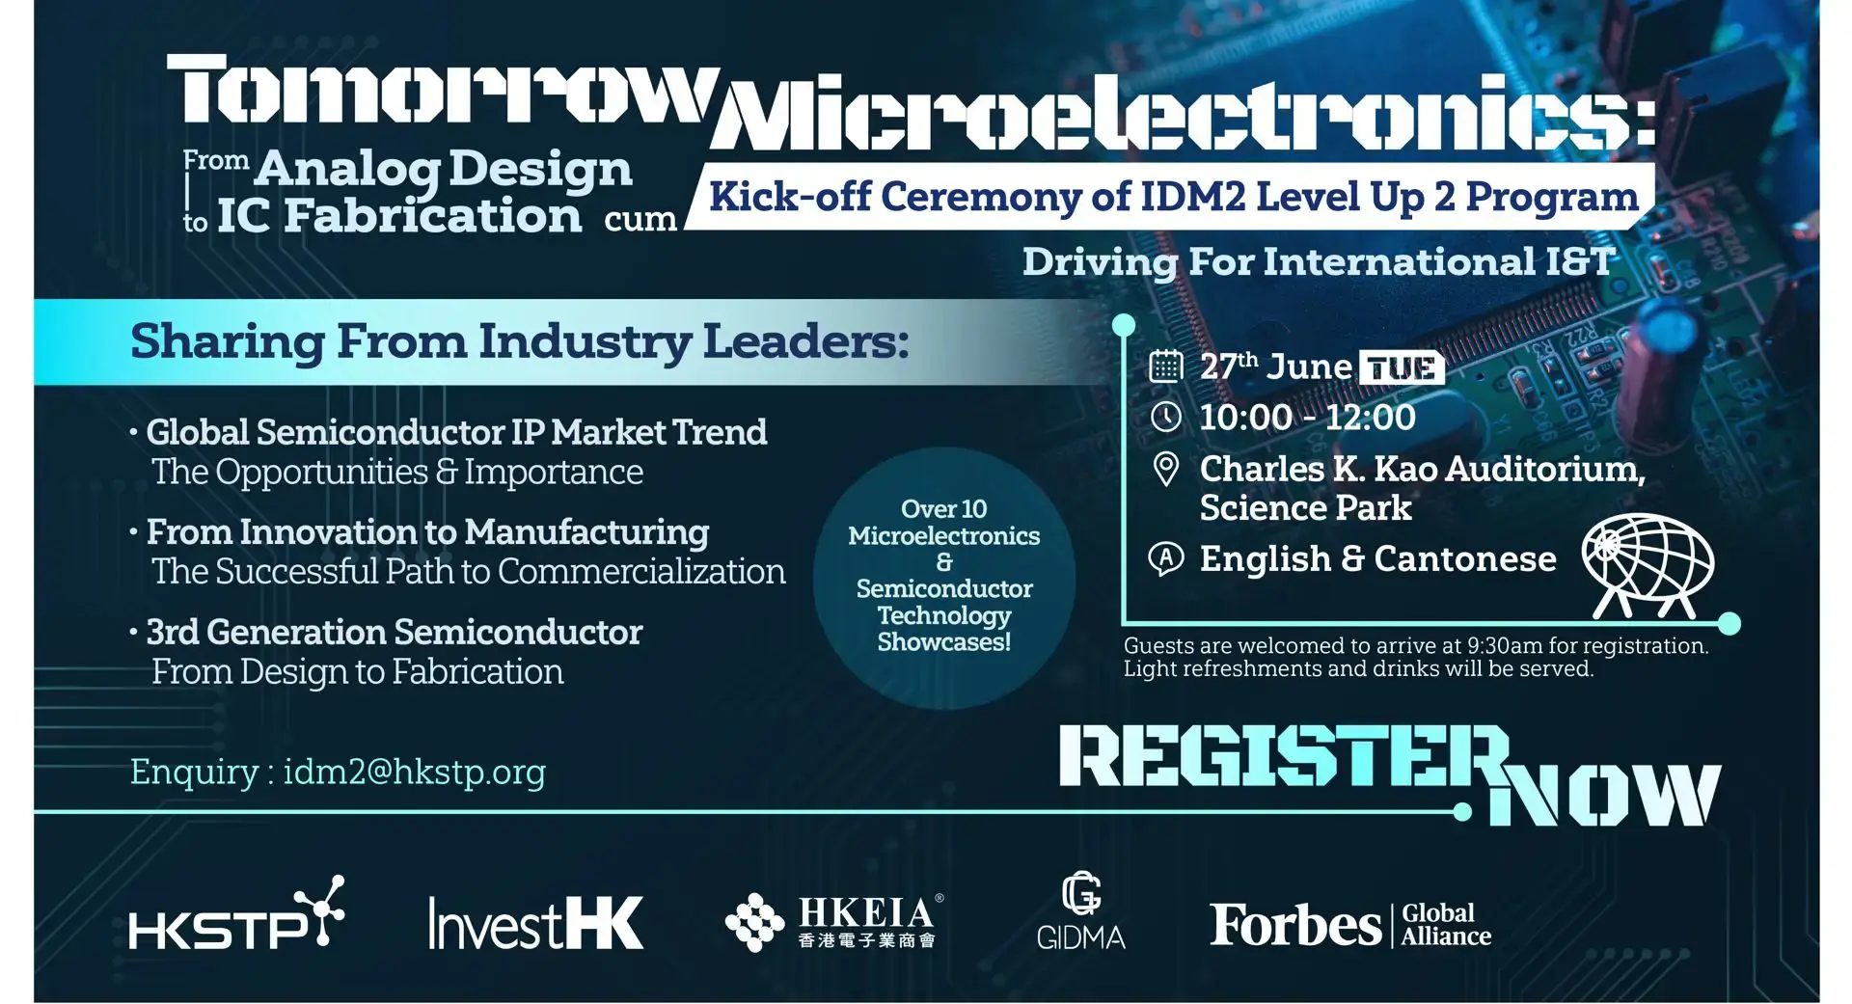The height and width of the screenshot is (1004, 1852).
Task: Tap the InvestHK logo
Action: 535,923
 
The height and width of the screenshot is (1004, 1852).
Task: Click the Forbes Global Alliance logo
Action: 1350,925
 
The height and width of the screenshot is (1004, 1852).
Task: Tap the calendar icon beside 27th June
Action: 1165,366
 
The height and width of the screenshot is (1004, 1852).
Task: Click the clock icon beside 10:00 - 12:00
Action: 1165,417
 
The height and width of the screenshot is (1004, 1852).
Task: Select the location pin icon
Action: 1165,469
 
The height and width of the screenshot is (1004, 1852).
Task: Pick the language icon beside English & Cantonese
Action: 1165,558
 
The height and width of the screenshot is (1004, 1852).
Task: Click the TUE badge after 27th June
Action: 1401,367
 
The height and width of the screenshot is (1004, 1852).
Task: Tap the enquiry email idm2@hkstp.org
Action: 414,772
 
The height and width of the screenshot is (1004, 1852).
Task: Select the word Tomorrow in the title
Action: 444,92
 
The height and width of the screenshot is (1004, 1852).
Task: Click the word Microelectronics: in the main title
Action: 1182,116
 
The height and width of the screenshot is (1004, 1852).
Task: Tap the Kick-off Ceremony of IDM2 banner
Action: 1172,197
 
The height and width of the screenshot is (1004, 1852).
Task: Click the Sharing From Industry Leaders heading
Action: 519,341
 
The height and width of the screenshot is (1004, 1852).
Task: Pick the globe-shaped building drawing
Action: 1648,565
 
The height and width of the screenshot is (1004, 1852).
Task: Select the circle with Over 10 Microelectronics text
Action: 943,576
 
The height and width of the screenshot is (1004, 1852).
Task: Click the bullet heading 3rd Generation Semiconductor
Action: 394,633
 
